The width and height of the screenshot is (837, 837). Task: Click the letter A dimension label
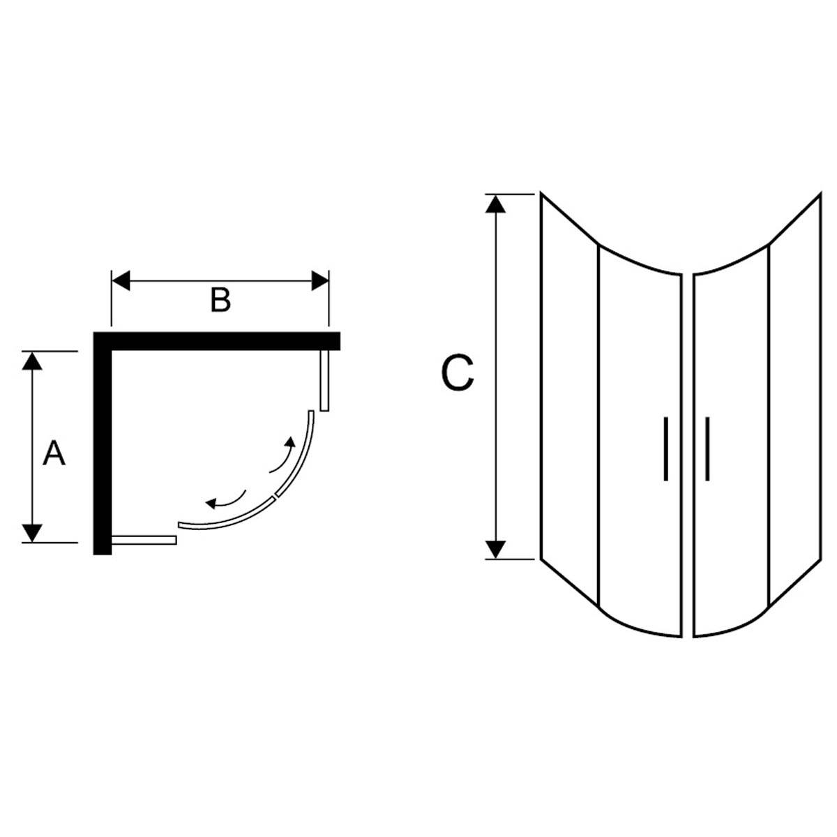(54, 454)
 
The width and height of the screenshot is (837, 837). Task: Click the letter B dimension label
(220, 301)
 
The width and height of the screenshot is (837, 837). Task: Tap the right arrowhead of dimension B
(319, 281)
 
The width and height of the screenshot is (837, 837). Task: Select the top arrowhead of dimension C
(495, 203)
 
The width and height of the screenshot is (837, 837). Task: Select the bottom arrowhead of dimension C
(495, 550)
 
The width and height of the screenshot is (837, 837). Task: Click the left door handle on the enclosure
(665, 449)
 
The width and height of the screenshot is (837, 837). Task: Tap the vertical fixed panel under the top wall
(324, 381)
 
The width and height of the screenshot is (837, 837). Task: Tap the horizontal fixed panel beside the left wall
(144, 540)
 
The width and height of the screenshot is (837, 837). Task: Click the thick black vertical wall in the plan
(102, 446)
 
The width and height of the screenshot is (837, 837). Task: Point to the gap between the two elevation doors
(687, 453)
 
